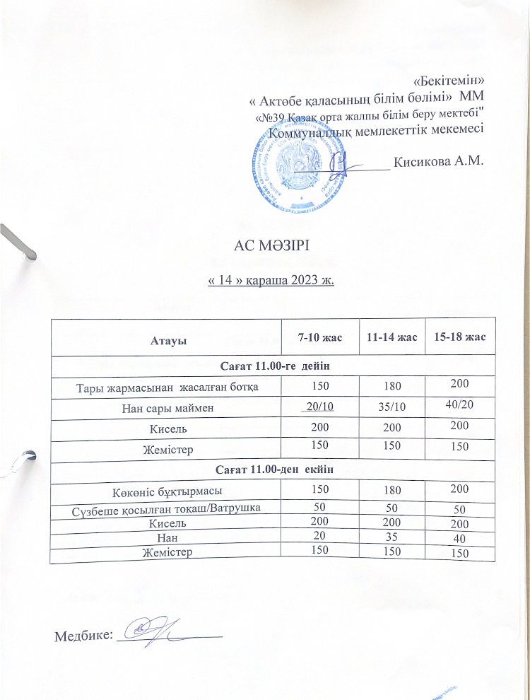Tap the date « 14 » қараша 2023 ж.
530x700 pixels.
point(271,281)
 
